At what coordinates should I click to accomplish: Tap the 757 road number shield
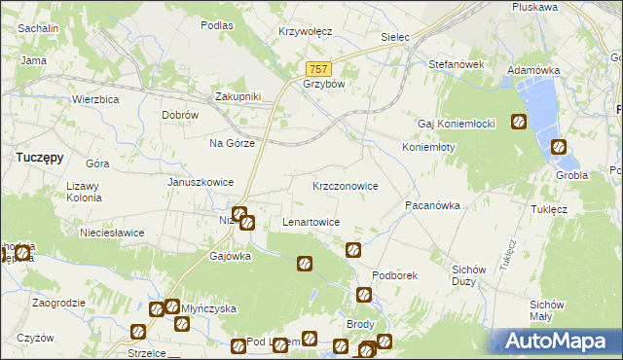(318, 69)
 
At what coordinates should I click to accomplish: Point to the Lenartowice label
(311, 222)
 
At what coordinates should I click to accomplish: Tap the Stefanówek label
(457, 64)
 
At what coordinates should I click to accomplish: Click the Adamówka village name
(534, 71)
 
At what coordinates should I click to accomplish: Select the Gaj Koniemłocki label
(458, 124)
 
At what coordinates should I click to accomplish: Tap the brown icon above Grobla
(559, 148)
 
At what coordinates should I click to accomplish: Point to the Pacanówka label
(432, 206)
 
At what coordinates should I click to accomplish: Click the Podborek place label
(394, 275)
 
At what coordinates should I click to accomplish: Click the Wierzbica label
(95, 99)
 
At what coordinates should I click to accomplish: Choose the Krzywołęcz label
(306, 31)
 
